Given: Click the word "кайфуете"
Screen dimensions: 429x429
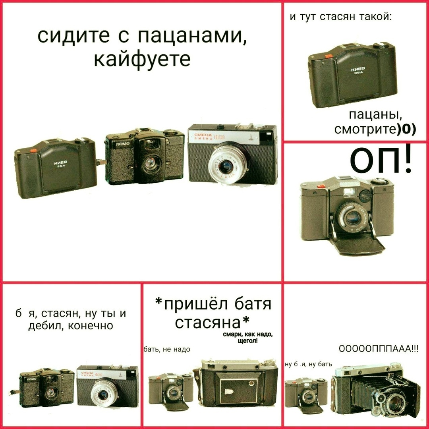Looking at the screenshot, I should (x=142, y=60).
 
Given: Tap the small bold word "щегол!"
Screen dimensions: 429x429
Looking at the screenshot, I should (x=247, y=341).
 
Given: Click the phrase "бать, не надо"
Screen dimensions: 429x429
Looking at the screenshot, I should (x=167, y=350).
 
